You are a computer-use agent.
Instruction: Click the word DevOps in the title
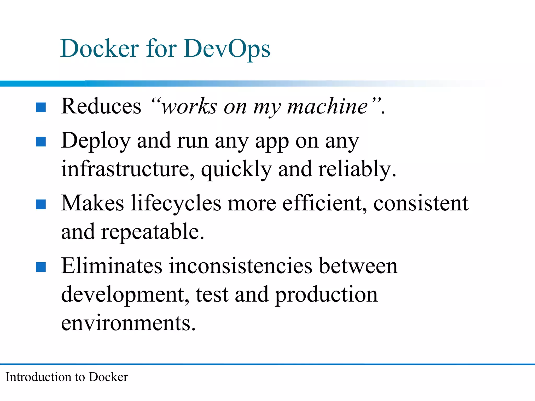click(227, 49)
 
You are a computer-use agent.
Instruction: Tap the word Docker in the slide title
click(100, 49)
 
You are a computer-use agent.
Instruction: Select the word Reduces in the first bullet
click(101, 106)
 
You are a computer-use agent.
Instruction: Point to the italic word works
click(189, 107)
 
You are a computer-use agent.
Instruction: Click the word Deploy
click(96, 141)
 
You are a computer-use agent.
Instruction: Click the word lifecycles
click(176, 204)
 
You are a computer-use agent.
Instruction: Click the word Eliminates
click(112, 266)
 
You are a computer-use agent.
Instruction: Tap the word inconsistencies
click(241, 266)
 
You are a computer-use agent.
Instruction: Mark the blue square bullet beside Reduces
click(41, 107)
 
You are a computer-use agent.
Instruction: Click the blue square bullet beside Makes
click(41, 204)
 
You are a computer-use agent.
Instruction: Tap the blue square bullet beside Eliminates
click(41, 267)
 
